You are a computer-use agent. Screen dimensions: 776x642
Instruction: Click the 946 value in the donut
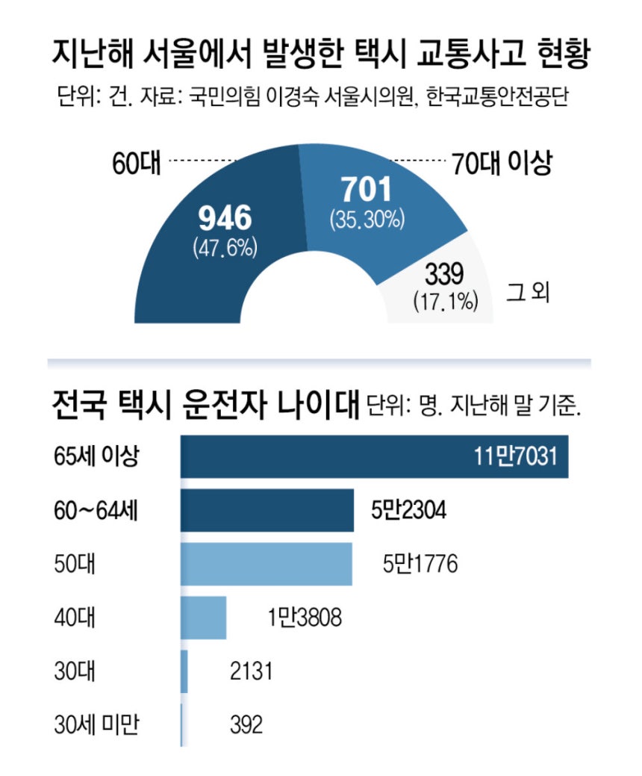click(x=225, y=217)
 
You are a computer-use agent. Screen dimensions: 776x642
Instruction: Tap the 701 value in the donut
click(x=366, y=191)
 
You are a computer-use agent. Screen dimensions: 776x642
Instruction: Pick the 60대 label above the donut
click(x=137, y=162)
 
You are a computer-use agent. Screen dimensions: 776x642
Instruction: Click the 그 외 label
click(x=528, y=292)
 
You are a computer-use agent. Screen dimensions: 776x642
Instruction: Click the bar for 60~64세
click(x=267, y=511)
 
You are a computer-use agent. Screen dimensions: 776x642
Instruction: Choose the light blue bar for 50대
click(x=267, y=564)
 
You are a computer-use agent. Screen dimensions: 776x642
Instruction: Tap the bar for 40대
click(x=204, y=617)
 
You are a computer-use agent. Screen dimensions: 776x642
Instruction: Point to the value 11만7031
click(x=515, y=456)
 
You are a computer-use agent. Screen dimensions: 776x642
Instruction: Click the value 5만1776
click(x=420, y=564)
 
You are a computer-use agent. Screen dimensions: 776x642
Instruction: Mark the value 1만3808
click(x=304, y=617)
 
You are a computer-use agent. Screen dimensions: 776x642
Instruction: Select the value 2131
click(x=251, y=671)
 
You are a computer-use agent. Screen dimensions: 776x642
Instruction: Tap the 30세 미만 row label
click(x=97, y=724)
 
